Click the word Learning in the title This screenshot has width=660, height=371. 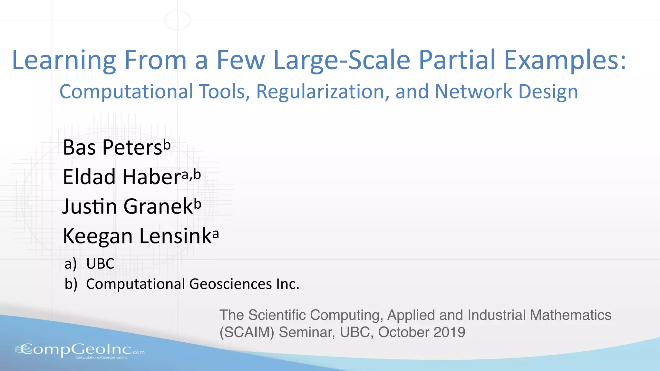click(x=64, y=61)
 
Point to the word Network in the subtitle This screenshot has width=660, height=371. click(x=473, y=92)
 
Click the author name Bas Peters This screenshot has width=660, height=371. click(x=112, y=147)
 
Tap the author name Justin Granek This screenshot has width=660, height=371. click(x=128, y=206)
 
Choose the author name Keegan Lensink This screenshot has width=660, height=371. click(x=137, y=236)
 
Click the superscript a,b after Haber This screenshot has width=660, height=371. click(x=191, y=175)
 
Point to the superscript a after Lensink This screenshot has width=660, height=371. click(x=216, y=233)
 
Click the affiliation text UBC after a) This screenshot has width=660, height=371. click(x=100, y=264)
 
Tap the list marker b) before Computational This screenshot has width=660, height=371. click(x=71, y=284)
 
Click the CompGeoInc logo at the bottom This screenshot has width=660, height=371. click(x=80, y=350)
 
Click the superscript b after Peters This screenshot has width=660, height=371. click(x=167, y=145)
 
